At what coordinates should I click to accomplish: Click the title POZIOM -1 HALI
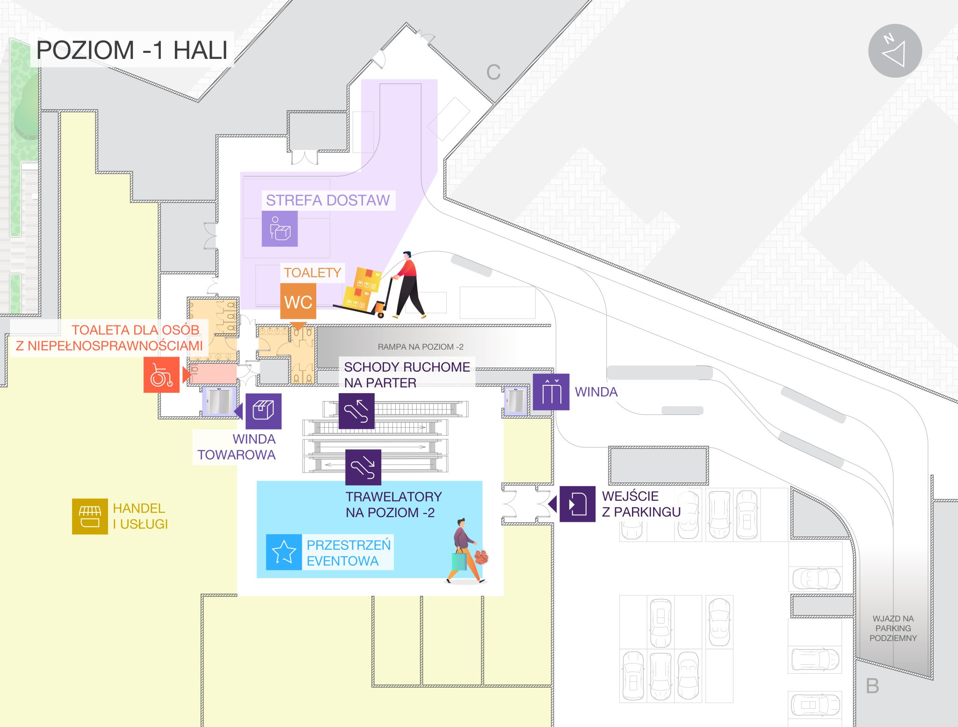132,50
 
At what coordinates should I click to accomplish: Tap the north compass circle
895,51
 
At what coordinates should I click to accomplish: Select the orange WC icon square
298,302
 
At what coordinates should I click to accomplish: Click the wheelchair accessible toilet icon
161,374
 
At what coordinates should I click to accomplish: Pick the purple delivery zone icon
280,229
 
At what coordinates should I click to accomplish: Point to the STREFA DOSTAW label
327,200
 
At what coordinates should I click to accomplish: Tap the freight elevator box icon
263,411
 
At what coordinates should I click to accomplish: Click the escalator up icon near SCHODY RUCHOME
356,411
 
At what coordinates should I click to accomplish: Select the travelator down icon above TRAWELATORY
363,467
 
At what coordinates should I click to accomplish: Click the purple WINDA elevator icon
551,392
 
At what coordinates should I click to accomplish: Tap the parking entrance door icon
577,504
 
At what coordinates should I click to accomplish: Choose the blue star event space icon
284,552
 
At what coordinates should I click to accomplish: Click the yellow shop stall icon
90,516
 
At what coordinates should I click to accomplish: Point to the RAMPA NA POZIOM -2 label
421,347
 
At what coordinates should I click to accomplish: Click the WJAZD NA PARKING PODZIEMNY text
893,628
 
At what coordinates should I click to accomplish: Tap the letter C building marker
494,72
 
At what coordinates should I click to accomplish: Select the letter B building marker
872,686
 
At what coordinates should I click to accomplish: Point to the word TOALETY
312,273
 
